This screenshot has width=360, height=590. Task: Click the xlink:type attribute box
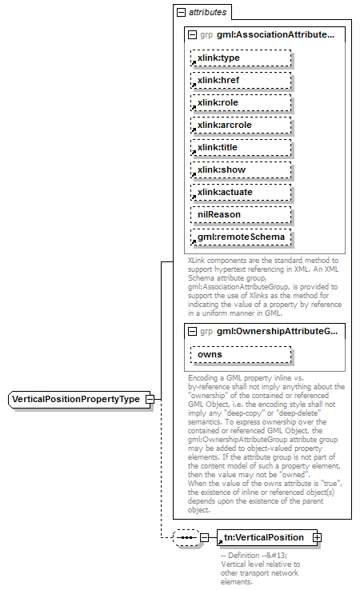coord(241,58)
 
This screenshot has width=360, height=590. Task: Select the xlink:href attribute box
coord(241,81)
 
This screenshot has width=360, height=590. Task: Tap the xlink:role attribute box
coord(241,103)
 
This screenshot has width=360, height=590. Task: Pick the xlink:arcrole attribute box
coord(241,126)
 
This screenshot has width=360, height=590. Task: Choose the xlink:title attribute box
coord(241,148)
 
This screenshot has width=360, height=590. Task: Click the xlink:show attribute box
coord(241,170)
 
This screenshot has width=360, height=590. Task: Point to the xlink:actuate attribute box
coord(241,193)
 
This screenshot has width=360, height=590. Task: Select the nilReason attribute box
coord(241,215)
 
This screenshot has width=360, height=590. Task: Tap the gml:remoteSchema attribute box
coord(241,237)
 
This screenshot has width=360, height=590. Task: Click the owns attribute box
coord(241,354)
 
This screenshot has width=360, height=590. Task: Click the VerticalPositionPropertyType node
coord(75,399)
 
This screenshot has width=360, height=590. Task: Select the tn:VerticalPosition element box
coord(265,538)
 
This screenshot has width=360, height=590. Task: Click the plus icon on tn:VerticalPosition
coord(318,538)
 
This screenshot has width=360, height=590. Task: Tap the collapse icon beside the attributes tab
coord(182,13)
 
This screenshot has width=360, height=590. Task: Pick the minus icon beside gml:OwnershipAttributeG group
coord(191,331)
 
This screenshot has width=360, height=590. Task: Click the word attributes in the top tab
coord(207,13)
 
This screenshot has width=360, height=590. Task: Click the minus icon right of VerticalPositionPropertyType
coord(149,399)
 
